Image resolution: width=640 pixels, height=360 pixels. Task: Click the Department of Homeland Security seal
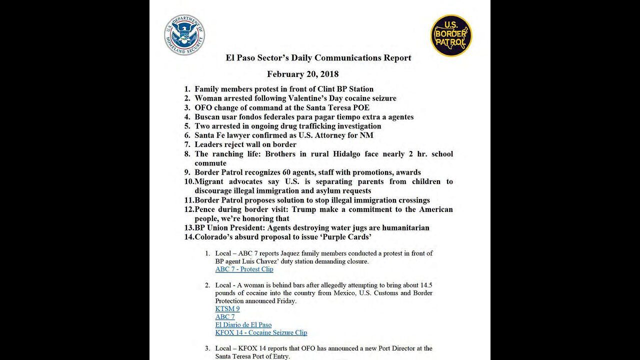coord(184,34)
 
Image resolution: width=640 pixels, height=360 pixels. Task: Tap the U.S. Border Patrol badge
coord(451,35)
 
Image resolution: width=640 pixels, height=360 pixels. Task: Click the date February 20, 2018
coord(302,74)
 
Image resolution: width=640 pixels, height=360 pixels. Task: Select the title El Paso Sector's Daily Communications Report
coord(318,57)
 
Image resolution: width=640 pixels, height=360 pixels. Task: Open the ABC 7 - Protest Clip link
coord(244,269)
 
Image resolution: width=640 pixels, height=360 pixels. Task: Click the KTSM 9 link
coord(227,309)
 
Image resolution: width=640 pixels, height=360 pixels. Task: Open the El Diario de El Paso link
coord(243,325)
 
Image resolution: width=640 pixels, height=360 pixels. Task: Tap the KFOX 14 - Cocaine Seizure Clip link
coord(261,333)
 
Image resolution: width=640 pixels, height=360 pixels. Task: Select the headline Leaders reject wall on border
coord(245,144)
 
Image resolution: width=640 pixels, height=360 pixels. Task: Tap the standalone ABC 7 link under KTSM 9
coord(225,317)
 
